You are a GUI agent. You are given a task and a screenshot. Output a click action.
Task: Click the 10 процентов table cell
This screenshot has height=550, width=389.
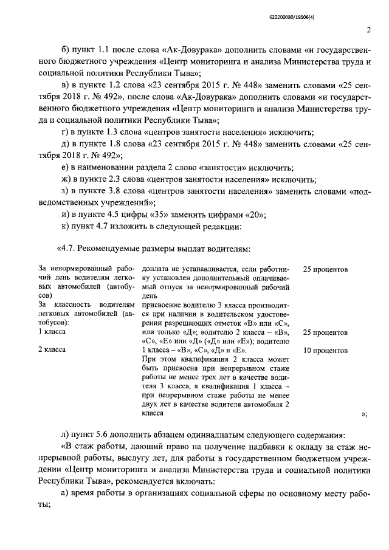click(325, 351)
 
